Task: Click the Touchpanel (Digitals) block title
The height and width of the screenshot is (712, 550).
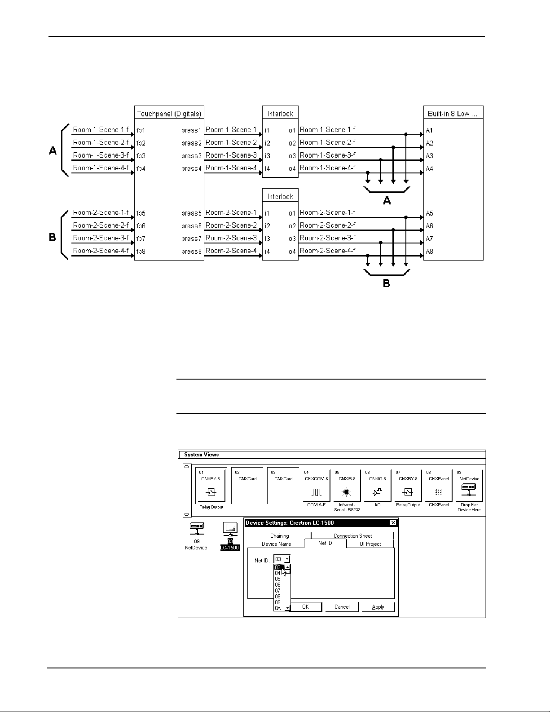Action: (x=169, y=114)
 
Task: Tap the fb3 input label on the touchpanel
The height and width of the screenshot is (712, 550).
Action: (x=141, y=156)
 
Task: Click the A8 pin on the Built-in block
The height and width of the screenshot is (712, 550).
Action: (x=429, y=252)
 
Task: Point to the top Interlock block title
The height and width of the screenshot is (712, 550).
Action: (x=280, y=114)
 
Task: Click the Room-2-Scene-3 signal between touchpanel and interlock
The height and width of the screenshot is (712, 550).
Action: (x=231, y=238)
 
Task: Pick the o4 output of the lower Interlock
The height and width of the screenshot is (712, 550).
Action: (x=292, y=252)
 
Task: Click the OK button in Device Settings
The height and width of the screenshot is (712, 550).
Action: (x=305, y=607)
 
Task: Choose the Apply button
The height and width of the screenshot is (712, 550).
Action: (x=378, y=607)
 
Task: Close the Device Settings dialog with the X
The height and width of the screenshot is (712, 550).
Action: (x=393, y=523)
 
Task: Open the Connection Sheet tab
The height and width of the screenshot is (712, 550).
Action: (x=352, y=536)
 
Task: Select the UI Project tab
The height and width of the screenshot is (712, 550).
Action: (x=370, y=544)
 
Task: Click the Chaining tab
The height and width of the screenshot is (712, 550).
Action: (x=279, y=536)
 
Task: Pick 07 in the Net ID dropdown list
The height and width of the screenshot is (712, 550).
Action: (x=278, y=591)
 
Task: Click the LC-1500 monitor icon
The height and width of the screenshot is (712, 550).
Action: (x=230, y=529)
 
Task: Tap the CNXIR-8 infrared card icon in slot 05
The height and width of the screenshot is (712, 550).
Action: (x=346, y=492)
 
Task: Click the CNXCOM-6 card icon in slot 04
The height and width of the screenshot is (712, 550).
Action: (x=316, y=492)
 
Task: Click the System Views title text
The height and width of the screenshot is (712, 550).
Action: (x=201, y=455)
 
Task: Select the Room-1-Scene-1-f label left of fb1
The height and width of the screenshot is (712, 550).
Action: (x=101, y=130)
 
